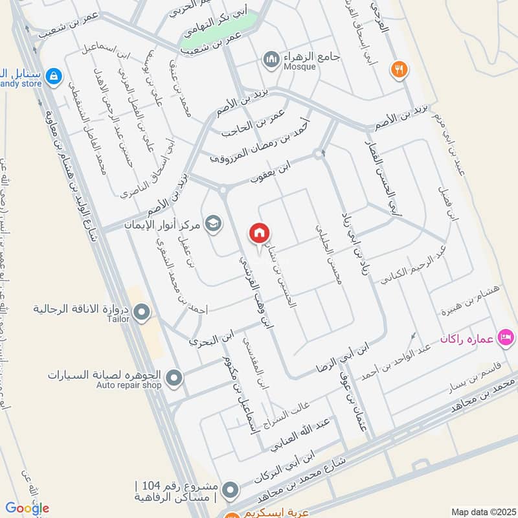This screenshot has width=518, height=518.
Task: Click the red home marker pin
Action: click(260, 233)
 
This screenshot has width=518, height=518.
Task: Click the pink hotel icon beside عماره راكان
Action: click(506, 337)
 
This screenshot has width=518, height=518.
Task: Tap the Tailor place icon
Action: click(142, 314)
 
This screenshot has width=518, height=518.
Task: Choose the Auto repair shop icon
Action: click(174, 377)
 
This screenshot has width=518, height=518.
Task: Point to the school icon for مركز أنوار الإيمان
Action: click(212, 224)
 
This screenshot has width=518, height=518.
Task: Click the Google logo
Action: click(27, 508)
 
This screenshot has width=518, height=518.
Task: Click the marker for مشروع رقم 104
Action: click(229, 491)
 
